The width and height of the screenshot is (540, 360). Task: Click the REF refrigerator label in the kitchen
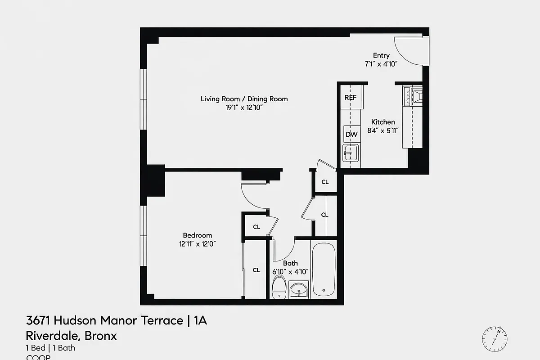[350, 97]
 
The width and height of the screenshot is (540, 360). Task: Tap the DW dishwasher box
[351, 134]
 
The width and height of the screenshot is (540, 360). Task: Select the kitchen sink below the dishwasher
[350, 153]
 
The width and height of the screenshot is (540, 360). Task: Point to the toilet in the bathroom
[279, 287]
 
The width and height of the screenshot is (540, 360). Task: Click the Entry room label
[381, 55]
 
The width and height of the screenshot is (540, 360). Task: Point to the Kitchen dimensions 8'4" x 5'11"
[383, 130]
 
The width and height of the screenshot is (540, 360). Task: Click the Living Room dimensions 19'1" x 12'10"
[244, 108]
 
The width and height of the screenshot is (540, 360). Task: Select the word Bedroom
[197, 235]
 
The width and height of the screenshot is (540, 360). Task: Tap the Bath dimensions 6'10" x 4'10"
[290, 271]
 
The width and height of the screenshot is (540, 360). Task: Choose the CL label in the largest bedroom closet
[256, 270]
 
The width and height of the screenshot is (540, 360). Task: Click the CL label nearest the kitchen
[325, 182]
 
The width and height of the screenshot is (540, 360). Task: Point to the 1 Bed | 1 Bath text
[50, 347]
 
